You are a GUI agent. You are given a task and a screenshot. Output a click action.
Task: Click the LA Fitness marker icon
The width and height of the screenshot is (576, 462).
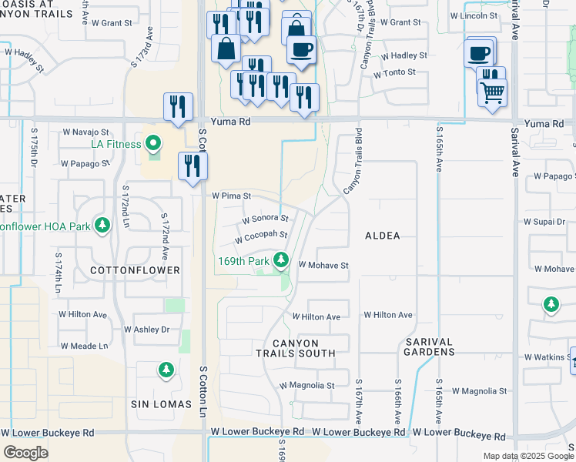pyautogui.click(x=153, y=144)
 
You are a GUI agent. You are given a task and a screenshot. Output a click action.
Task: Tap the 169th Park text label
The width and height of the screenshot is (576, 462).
pyautogui.click(x=243, y=261)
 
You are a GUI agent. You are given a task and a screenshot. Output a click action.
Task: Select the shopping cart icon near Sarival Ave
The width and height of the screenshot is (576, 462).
pyautogui.click(x=492, y=93)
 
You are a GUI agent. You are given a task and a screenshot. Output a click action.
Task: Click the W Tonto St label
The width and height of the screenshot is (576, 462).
pyautogui.click(x=394, y=74)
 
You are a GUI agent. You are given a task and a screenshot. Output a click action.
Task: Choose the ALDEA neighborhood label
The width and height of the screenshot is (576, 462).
pyautogui.click(x=382, y=236)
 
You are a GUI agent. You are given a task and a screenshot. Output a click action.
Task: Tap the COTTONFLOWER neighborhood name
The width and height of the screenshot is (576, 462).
pyautogui.click(x=135, y=270)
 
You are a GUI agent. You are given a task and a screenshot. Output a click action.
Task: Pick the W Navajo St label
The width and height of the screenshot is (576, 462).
pyautogui.click(x=85, y=133)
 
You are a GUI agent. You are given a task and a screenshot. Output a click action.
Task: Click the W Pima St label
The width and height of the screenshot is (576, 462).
pyautogui.click(x=231, y=196)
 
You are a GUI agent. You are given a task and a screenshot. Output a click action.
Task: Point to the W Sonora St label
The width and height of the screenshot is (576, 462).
pyautogui.click(x=265, y=219)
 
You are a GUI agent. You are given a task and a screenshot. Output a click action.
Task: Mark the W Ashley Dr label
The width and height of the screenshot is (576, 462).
pyautogui.click(x=146, y=330)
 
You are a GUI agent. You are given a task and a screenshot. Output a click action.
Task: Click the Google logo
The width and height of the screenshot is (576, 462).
pyautogui.click(x=25, y=453)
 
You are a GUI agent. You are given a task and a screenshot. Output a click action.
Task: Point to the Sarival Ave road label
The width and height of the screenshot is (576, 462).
pyautogui.click(x=515, y=153)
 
